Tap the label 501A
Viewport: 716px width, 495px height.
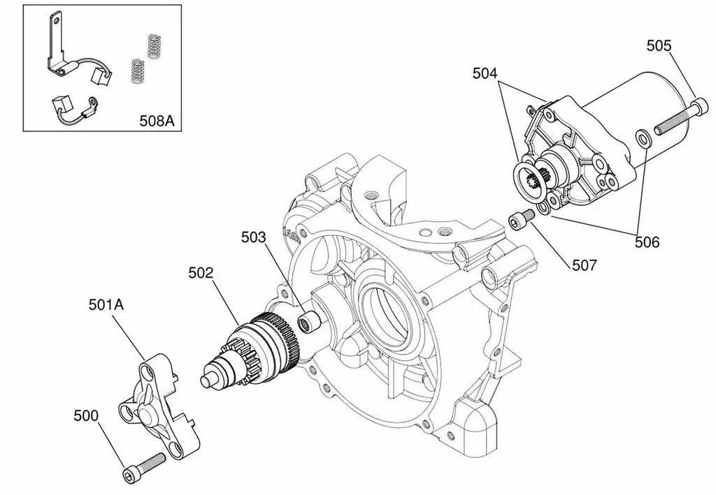[108, 304]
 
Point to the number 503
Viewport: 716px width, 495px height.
[254, 237]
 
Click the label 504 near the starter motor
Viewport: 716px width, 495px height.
[486, 72]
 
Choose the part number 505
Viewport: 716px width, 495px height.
[659, 46]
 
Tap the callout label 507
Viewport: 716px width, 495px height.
[584, 265]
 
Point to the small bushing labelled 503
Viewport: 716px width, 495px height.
[306, 323]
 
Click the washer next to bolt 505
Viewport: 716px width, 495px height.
[643, 135]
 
